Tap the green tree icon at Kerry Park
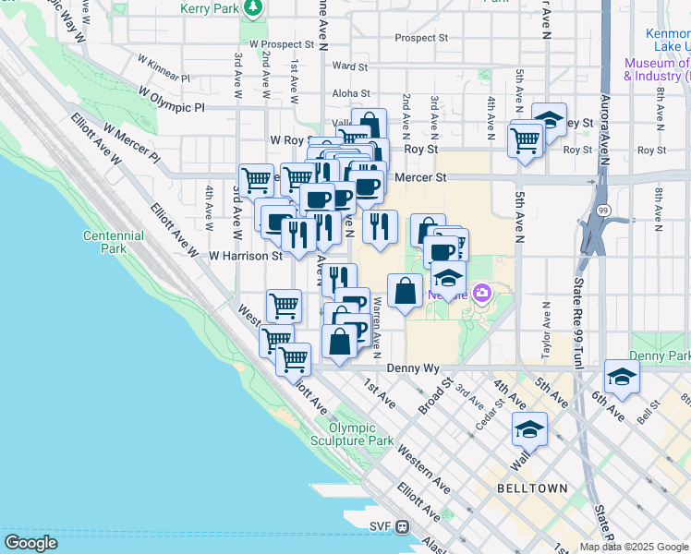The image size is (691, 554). (253, 9)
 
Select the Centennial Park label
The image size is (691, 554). (114, 242)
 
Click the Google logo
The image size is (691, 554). (30, 543)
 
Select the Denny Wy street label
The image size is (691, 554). (418, 367)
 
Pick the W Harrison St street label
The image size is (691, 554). (245, 256)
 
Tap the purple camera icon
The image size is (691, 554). (481, 294)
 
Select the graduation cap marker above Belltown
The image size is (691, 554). (529, 428)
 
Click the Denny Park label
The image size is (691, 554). (660, 355)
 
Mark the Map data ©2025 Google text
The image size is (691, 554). (633, 547)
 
